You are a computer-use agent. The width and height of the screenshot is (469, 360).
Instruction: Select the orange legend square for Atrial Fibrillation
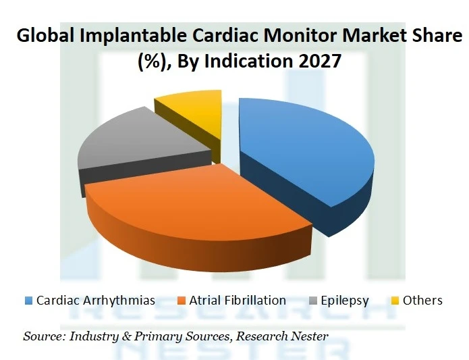point(181,301)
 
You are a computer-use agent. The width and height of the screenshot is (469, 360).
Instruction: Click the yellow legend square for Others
point(394,301)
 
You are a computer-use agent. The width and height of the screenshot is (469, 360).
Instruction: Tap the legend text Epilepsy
point(345,301)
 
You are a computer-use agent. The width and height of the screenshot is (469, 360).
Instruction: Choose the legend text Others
point(422,301)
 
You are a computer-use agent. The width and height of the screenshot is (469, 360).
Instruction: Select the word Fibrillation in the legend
point(255,301)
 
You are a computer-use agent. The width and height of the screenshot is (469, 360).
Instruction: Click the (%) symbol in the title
point(151,61)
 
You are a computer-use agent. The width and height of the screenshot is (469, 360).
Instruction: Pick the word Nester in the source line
point(309,336)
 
